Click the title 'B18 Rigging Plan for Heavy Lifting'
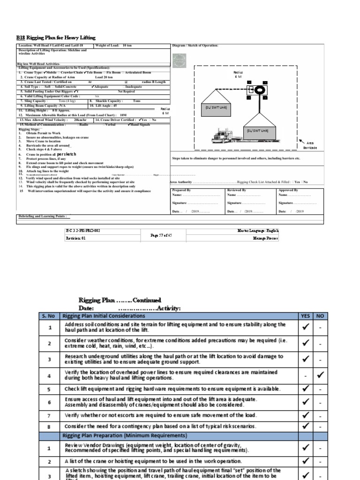click(x=56, y=37)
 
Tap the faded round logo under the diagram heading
click(x=179, y=61)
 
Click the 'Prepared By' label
click(x=181, y=190)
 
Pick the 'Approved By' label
click(x=288, y=190)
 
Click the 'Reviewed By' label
click(x=237, y=190)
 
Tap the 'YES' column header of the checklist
click(x=305, y=316)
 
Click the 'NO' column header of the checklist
click(x=320, y=316)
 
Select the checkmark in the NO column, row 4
click(x=320, y=375)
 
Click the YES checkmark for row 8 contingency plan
click(x=305, y=426)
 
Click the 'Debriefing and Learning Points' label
click(x=42, y=216)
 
